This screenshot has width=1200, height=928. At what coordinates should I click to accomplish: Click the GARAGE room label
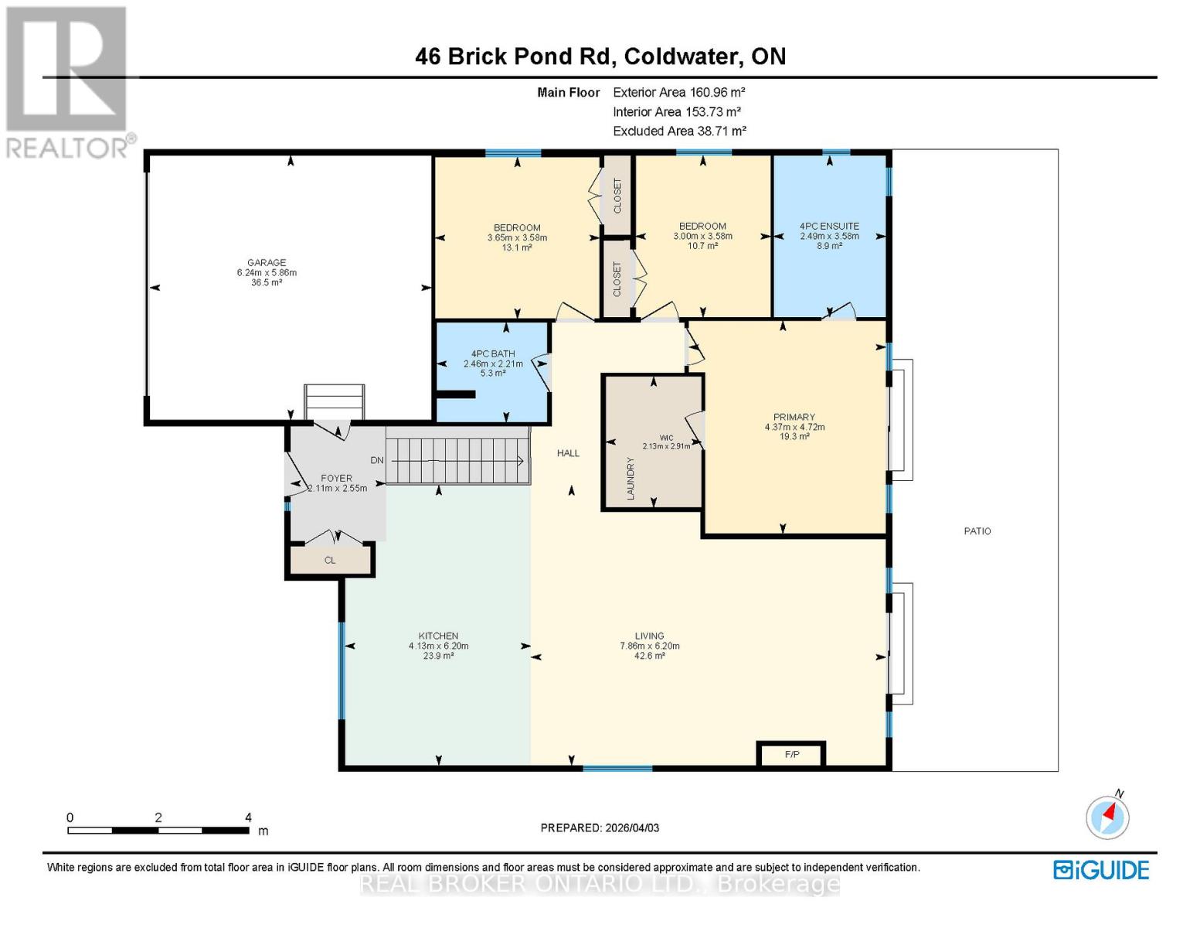click(x=266, y=262)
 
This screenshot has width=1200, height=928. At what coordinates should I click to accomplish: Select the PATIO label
click(x=977, y=531)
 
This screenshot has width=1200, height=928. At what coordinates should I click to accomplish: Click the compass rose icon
click(x=1107, y=817)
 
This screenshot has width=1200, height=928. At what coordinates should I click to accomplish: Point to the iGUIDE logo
click(x=1101, y=870)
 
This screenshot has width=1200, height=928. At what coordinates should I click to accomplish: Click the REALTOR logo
click(x=67, y=83)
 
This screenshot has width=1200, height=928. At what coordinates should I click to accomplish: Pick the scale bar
click(x=158, y=830)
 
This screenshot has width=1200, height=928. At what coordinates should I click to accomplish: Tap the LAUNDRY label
click(x=631, y=479)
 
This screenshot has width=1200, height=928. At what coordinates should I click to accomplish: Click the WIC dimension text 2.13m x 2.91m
click(x=666, y=446)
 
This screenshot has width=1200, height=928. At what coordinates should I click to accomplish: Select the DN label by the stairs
click(x=376, y=460)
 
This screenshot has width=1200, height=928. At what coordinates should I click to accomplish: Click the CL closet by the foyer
click(x=330, y=560)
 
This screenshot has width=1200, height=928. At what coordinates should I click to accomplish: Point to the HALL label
click(x=568, y=453)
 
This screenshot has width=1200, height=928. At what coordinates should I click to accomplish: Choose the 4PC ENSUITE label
click(x=829, y=226)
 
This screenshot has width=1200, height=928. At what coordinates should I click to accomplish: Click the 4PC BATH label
click(x=492, y=353)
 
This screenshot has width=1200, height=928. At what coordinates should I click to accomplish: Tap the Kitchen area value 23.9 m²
click(x=438, y=656)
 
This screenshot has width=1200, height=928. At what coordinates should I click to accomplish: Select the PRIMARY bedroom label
click(x=794, y=417)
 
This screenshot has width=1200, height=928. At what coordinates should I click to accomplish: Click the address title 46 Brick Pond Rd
click(x=513, y=56)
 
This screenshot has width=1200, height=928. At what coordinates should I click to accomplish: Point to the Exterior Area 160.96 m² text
click(x=678, y=92)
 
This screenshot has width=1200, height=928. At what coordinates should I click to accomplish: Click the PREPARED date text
click(x=600, y=827)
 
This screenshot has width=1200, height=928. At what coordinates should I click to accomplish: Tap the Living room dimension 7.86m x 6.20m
click(x=649, y=646)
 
